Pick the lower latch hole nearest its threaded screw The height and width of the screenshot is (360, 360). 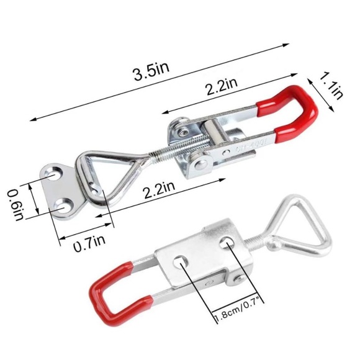tap(230, 244)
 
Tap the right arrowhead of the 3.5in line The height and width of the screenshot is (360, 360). tap(289, 45)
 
